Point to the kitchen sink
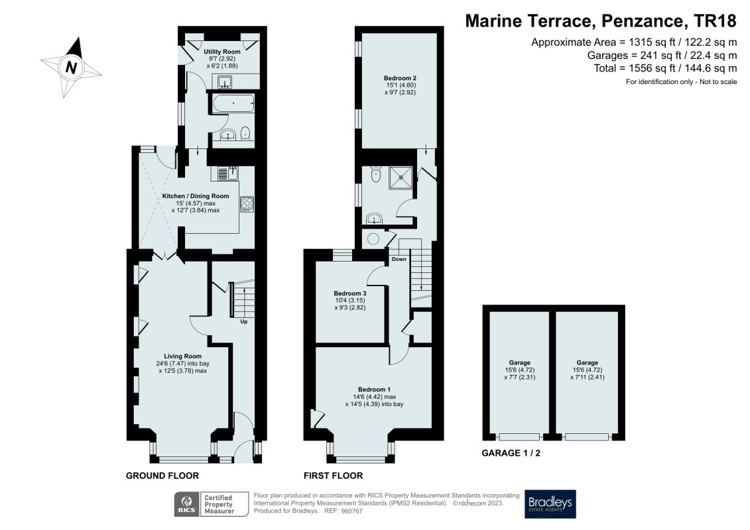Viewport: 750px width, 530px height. pyautogui.click(x=227, y=174)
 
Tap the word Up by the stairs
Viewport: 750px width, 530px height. pyautogui.click(x=244, y=323)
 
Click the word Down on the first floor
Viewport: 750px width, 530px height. pyautogui.click(x=399, y=259)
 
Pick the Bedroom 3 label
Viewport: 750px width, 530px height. pyautogui.click(x=349, y=293)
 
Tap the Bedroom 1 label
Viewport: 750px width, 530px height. pyautogui.click(x=375, y=389)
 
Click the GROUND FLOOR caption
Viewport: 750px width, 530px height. pyautogui.click(x=162, y=476)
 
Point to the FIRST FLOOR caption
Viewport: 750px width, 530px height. pyautogui.click(x=333, y=476)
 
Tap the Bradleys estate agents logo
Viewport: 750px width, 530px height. pyautogui.click(x=550, y=504)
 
